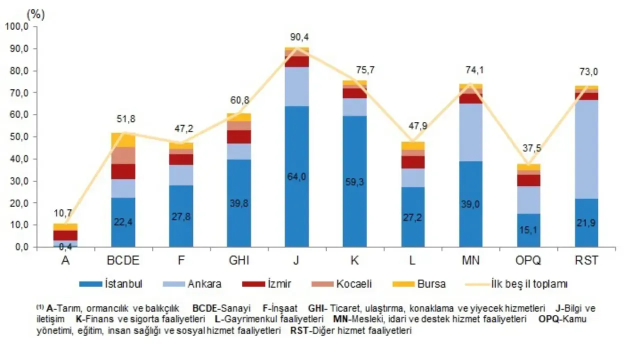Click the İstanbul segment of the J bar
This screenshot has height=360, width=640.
[x=297, y=176]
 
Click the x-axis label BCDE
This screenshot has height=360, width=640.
[x=123, y=260]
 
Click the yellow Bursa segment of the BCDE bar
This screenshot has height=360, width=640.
[x=123, y=140]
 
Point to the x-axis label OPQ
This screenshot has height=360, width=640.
[x=528, y=260]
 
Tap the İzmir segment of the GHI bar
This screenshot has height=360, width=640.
[x=239, y=137]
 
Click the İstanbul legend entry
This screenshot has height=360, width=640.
[x=111, y=284]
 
